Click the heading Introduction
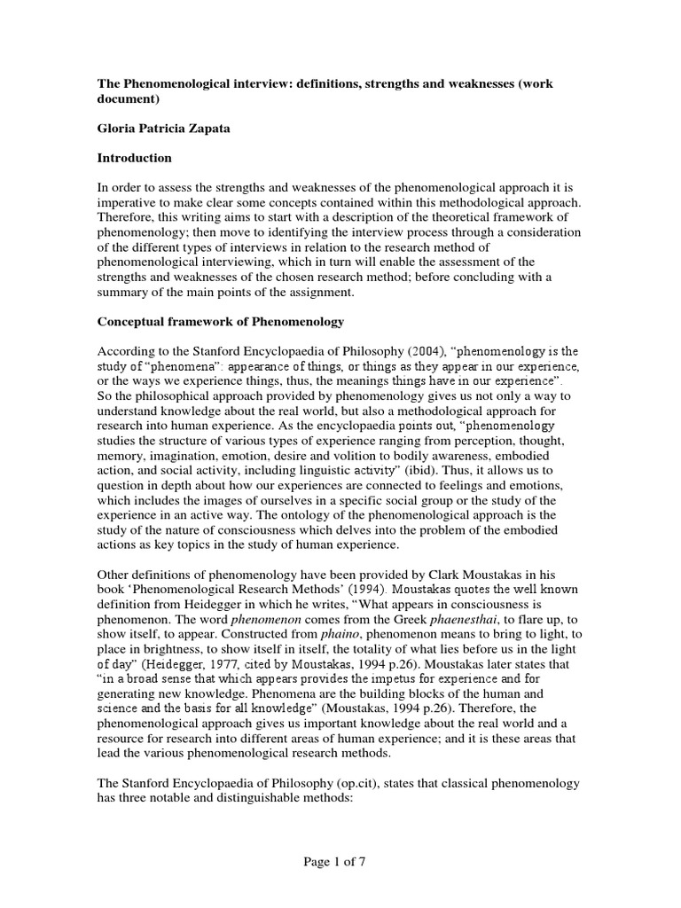point(135,158)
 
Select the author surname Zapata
point(209,129)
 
